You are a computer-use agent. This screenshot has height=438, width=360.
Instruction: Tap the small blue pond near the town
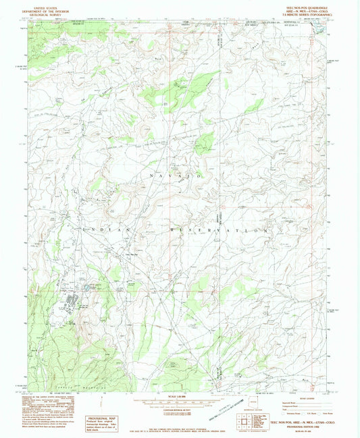point(86,288)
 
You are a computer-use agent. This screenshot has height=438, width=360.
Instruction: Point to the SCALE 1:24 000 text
point(179,395)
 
